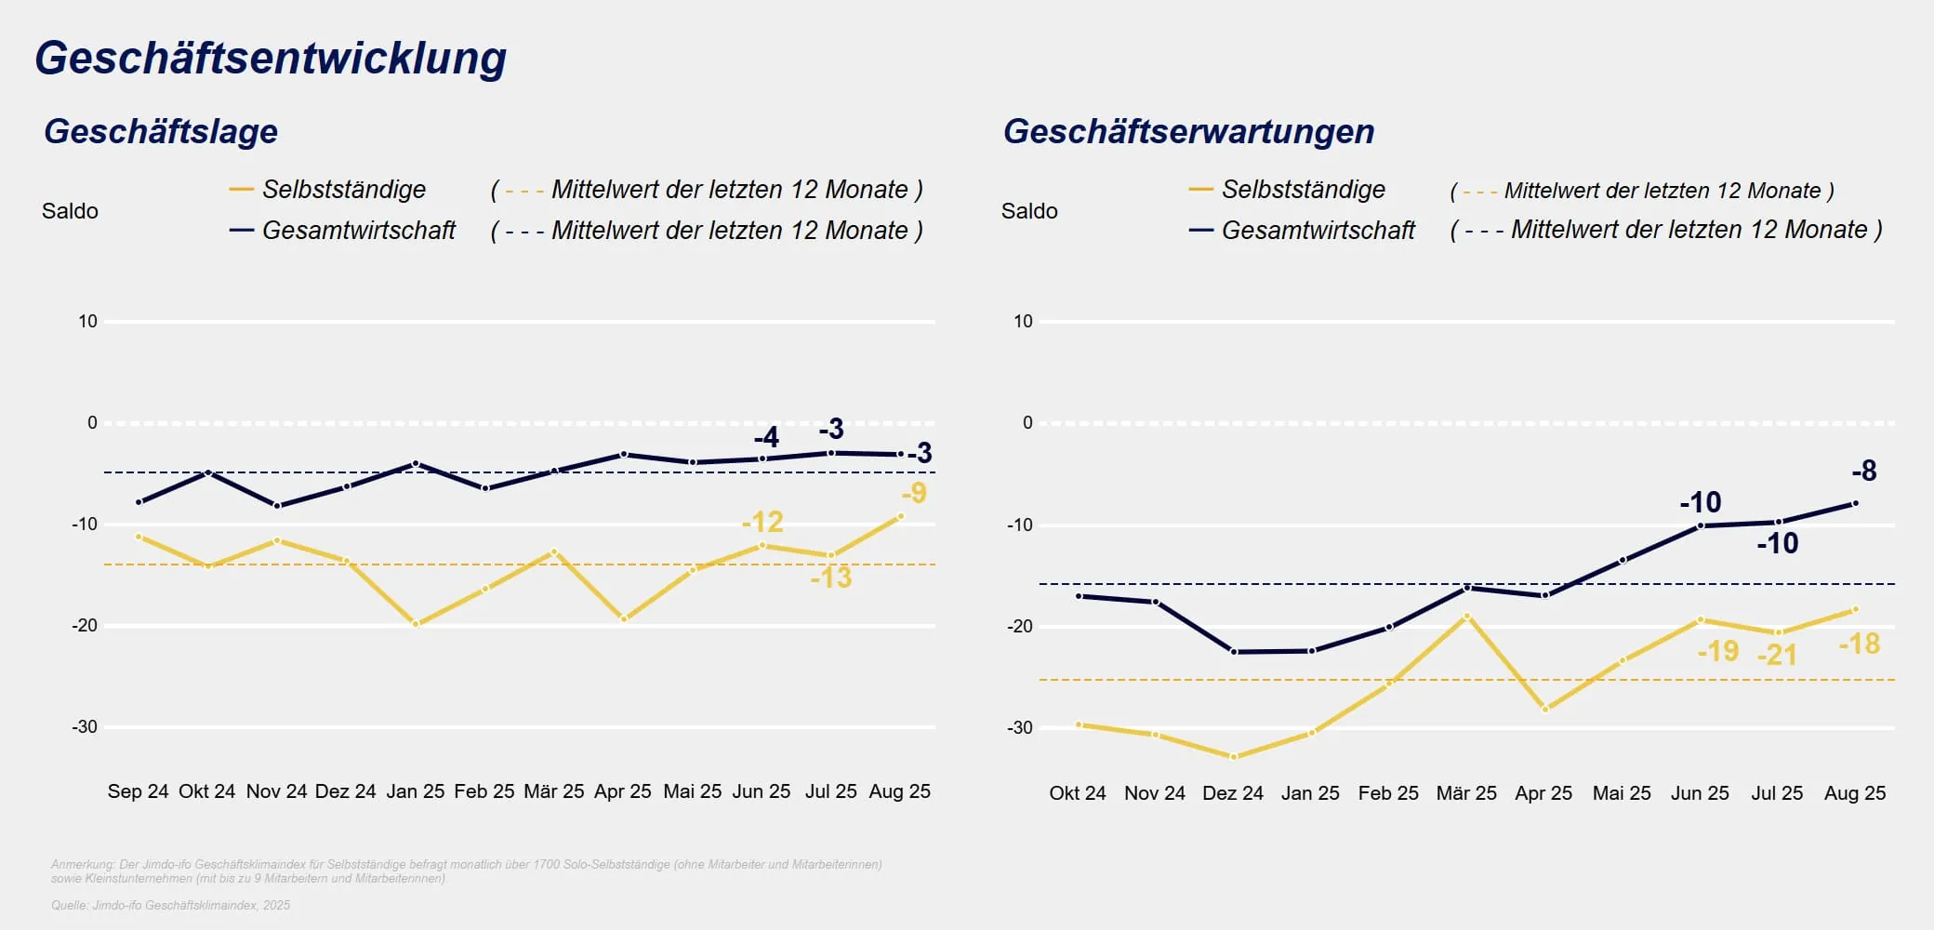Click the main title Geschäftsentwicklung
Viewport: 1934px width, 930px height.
271,58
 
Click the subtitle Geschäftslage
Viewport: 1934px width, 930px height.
161,131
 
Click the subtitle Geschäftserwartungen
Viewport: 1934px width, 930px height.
1188,131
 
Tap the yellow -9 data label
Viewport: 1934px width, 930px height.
915,492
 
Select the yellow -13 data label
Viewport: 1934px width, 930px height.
830,578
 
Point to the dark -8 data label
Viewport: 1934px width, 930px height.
1863,471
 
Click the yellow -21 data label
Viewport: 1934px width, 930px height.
1777,655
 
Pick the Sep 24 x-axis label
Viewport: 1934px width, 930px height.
138,791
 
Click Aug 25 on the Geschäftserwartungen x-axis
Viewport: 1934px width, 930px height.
1854,793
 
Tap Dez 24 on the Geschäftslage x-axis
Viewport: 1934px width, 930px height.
345,791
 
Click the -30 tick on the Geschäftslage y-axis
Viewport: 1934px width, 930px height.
85,726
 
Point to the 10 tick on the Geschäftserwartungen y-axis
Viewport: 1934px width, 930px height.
1023,321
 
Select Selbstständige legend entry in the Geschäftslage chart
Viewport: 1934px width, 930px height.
343,190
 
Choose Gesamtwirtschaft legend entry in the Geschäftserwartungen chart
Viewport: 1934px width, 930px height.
1318,230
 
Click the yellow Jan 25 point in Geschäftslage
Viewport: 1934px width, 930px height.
416,624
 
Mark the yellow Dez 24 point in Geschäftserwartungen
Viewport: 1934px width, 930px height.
1234,757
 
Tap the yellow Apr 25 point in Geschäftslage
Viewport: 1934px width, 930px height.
623,618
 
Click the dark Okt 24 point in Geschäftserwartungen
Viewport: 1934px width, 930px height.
1079,596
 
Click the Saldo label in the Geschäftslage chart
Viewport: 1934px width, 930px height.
70,211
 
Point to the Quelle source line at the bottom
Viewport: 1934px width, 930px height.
171,905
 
